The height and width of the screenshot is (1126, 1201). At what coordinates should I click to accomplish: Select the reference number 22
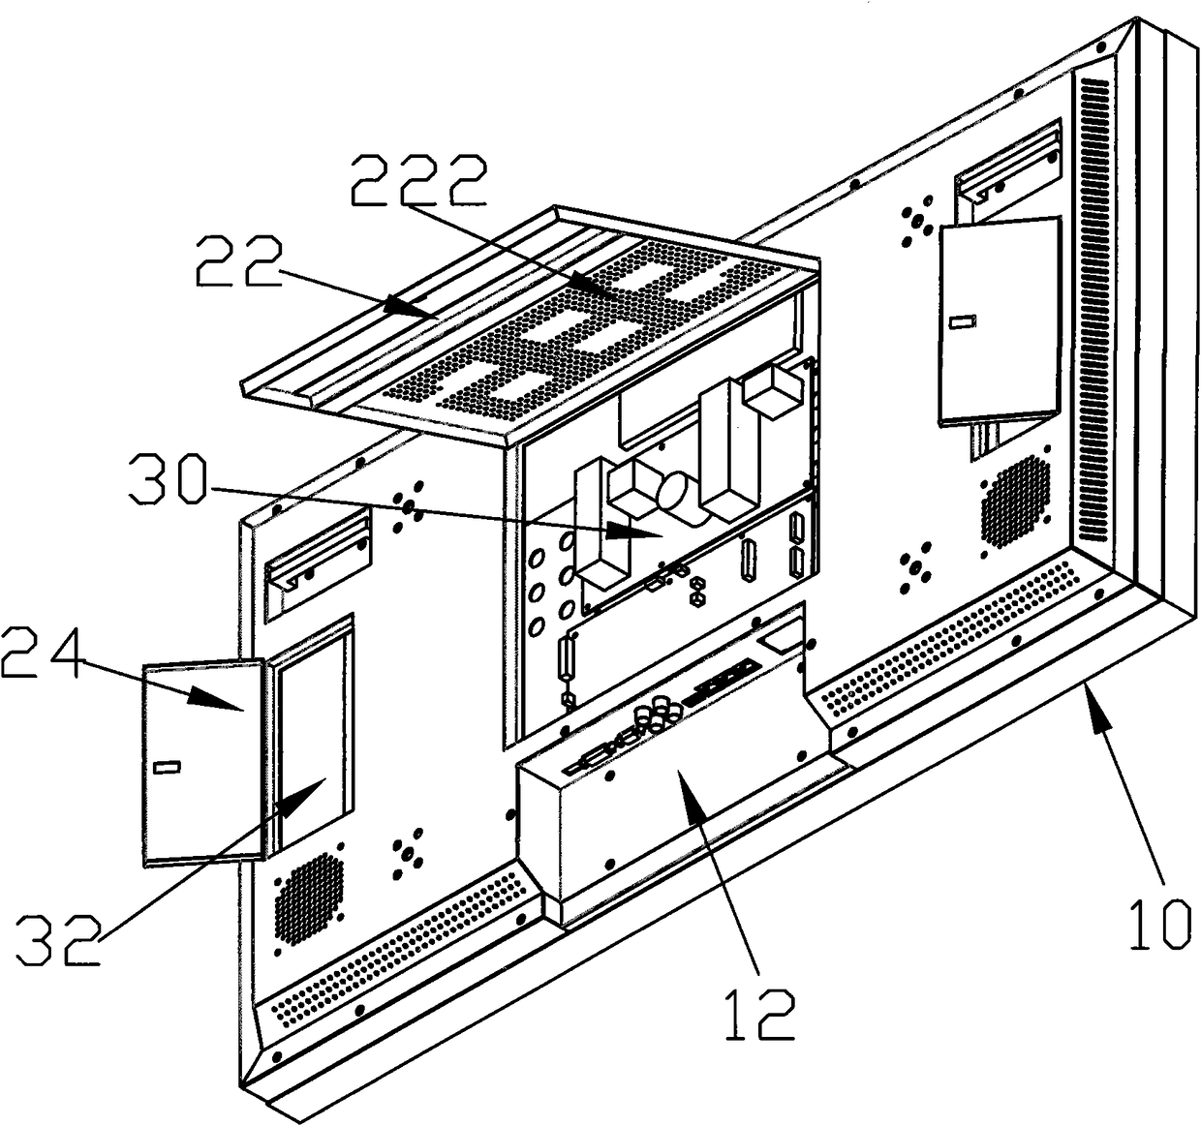pos(238,262)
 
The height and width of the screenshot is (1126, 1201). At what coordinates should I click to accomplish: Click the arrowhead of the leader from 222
pos(605,293)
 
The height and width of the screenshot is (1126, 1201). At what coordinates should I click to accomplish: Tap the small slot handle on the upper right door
pos(962,322)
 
